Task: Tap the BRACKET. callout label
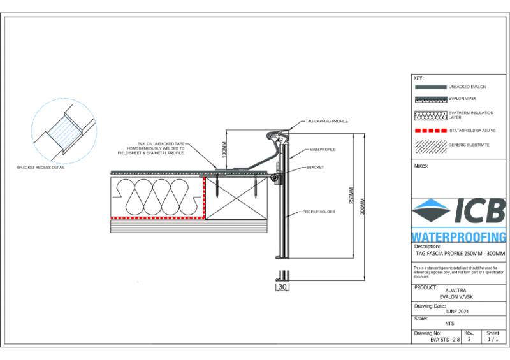coord(317,167)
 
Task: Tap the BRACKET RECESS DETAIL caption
coord(41,168)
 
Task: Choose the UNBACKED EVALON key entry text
coord(468,87)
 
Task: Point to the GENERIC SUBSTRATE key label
coord(469,145)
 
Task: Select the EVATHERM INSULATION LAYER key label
coord(469,115)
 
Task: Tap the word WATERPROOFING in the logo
coord(459,236)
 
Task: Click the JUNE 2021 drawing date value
coord(458,312)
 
